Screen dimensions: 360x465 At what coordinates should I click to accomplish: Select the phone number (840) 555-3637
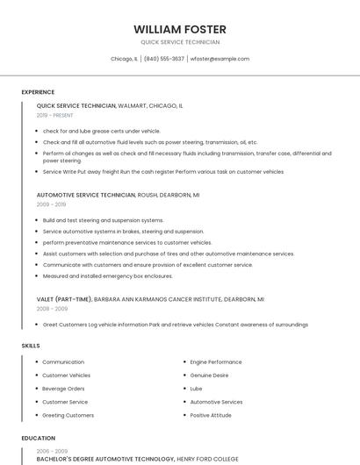[x=164, y=59]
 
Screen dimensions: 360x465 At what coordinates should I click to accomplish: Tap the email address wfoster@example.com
[x=220, y=59]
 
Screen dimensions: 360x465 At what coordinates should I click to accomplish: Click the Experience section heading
[x=38, y=92]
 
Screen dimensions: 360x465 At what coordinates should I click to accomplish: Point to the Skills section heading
[x=31, y=346]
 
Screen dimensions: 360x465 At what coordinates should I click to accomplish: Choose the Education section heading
[x=39, y=438]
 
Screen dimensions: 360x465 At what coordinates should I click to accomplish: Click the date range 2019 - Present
[x=55, y=115]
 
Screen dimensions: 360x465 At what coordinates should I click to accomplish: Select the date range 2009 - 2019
[x=51, y=204]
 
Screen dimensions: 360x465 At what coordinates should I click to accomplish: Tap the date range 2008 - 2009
[x=52, y=309]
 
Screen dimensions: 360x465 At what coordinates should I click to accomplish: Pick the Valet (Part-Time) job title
[x=64, y=299]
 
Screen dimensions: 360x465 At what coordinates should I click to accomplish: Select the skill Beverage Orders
[x=63, y=388]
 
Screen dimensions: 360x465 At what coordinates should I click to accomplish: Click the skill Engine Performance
[x=216, y=361]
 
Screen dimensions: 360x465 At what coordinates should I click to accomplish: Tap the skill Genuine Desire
[x=209, y=375]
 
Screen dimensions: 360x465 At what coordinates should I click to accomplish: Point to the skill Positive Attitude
[x=211, y=415]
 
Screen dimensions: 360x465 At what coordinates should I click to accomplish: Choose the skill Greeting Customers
[x=68, y=415]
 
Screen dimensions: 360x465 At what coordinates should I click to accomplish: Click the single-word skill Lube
[x=196, y=388]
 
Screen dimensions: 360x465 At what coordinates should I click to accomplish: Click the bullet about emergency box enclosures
[x=108, y=275]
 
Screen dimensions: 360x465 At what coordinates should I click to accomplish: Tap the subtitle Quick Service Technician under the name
[x=180, y=42]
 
